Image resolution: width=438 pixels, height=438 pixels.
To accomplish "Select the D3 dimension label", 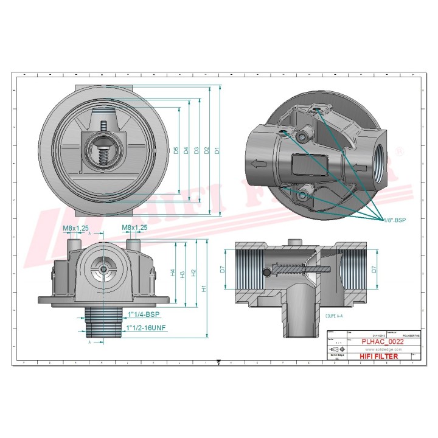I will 196,150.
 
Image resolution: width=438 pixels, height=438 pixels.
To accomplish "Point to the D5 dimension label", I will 176,150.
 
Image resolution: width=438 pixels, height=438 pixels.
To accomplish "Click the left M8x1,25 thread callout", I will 75,228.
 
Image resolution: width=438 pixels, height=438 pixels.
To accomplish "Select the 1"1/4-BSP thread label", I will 144,315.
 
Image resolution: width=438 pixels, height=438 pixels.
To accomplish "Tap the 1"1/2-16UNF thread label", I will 146,328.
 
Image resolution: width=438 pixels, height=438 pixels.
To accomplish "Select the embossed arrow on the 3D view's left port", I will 258,163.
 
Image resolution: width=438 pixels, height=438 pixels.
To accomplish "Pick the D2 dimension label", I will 207,150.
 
